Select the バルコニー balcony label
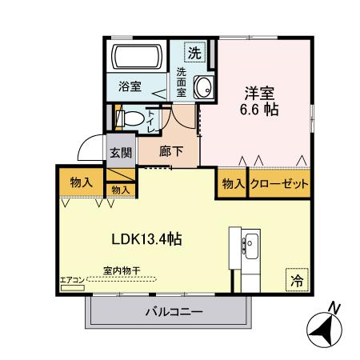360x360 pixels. (174, 311)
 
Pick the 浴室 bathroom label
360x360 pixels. (130, 86)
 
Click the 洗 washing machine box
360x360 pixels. (194, 54)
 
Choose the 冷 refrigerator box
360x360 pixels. (296, 280)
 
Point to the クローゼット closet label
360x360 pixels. (279, 184)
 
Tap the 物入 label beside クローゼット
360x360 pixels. (233, 184)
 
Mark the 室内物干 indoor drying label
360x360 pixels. (122, 270)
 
